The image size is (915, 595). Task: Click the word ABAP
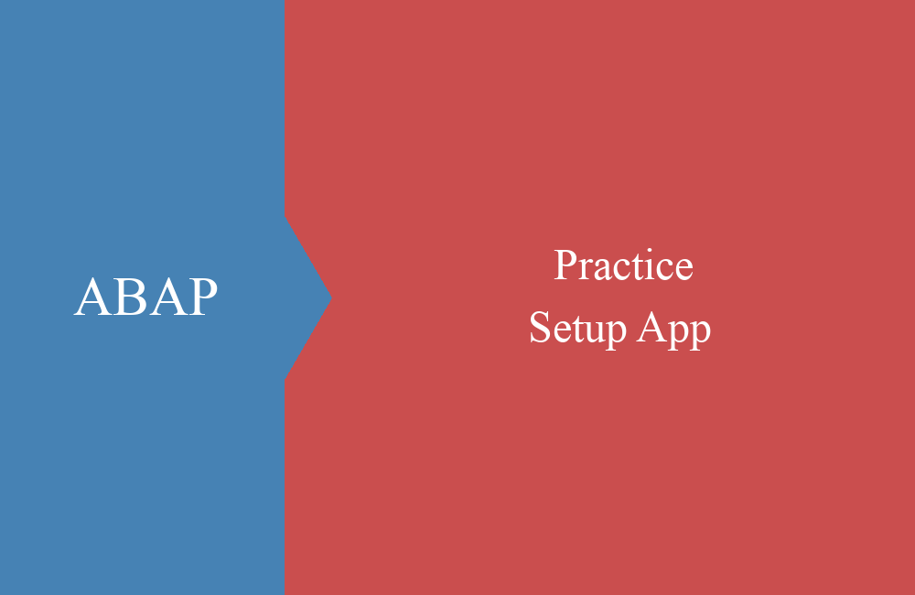[x=145, y=297]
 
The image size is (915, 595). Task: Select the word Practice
[x=623, y=265]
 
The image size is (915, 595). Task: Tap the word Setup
[x=577, y=328]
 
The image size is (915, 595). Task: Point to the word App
[x=674, y=330]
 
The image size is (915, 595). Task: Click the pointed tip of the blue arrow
[x=331, y=297]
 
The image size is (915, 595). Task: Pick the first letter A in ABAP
[x=93, y=297]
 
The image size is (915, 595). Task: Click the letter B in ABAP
[x=131, y=297]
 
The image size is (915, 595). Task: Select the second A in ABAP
[x=168, y=297]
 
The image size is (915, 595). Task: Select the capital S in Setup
[x=540, y=327]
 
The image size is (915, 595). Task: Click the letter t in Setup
[x=576, y=330]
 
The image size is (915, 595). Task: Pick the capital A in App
[x=651, y=327]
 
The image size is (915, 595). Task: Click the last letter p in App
[x=700, y=336]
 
